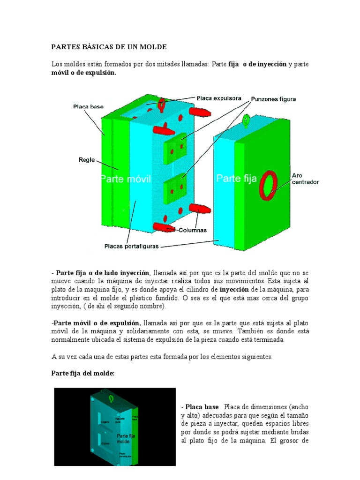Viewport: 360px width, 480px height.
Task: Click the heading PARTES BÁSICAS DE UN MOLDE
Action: (108, 47)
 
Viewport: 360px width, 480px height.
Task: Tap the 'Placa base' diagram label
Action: (88, 107)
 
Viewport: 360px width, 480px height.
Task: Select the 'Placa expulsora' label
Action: (219, 98)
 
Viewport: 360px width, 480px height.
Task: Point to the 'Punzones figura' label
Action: (274, 99)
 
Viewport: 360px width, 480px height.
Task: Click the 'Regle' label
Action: (87, 160)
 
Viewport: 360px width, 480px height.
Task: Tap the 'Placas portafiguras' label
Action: (132, 245)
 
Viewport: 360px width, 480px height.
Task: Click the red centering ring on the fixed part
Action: (269, 185)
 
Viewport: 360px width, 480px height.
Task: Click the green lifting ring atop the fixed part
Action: (245, 121)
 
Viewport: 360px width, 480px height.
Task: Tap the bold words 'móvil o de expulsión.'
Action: (83, 73)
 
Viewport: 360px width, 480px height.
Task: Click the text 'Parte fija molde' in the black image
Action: (123, 439)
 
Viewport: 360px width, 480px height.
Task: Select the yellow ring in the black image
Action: (111, 398)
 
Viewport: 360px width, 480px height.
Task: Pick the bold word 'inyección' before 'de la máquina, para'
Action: (238, 289)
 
